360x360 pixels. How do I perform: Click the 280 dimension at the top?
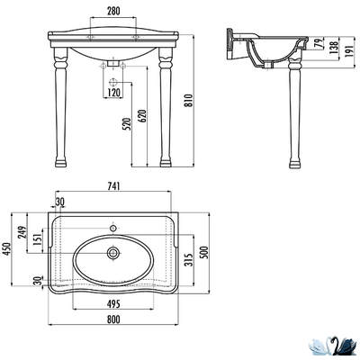(113, 11)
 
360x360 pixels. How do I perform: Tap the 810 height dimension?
(188, 100)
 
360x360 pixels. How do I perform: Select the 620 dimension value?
(143, 116)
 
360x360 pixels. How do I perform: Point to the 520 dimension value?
(127, 124)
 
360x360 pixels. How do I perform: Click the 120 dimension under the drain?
(113, 93)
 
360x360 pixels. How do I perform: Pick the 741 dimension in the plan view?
(113, 186)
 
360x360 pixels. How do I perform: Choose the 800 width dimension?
(113, 319)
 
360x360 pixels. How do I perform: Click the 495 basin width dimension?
(113, 304)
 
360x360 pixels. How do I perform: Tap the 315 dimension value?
(188, 260)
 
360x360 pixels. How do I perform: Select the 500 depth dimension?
(204, 253)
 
